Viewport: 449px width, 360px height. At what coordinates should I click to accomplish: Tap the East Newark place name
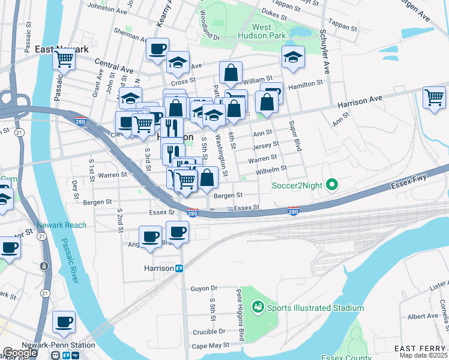(x=59, y=49)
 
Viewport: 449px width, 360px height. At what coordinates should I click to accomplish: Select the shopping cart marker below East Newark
(x=64, y=59)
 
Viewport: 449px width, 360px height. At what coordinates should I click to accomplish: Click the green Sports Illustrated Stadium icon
(x=258, y=308)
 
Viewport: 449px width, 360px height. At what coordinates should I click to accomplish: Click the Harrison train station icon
(x=179, y=268)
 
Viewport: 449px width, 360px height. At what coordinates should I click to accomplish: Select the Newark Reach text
(x=61, y=225)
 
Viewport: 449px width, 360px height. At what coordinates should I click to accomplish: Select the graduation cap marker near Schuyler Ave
(x=292, y=57)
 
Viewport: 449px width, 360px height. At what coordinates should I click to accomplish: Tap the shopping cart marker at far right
(x=434, y=97)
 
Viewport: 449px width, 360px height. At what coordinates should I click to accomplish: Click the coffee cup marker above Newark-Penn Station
(x=64, y=322)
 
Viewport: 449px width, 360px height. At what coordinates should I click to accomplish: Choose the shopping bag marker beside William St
(x=231, y=73)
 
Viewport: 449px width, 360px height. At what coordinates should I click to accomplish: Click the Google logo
(x=20, y=353)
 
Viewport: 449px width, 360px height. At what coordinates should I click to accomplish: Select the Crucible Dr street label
(x=209, y=331)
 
